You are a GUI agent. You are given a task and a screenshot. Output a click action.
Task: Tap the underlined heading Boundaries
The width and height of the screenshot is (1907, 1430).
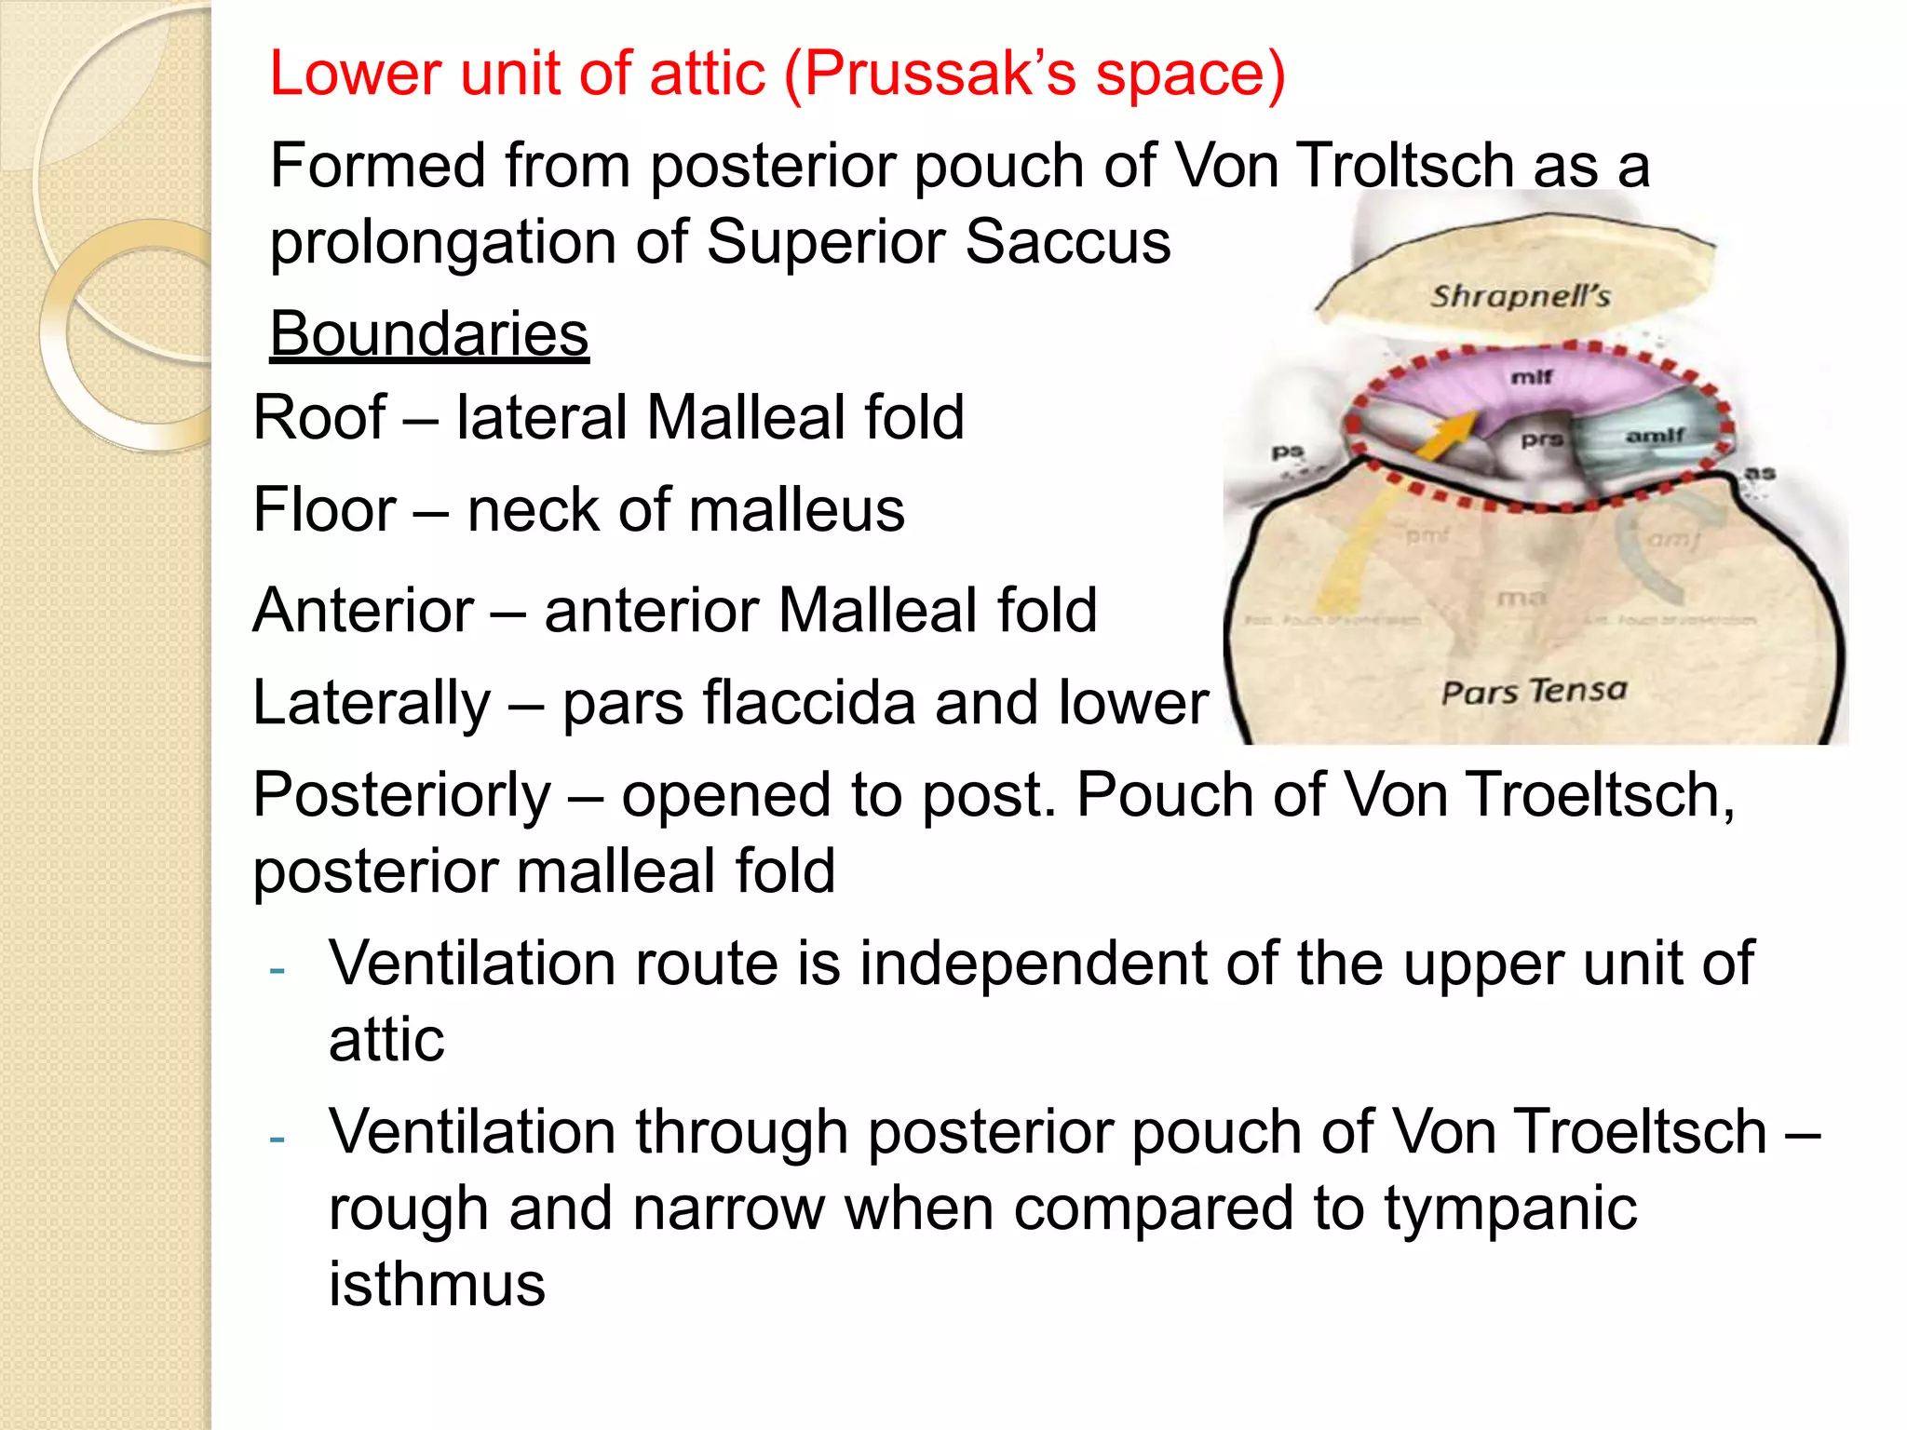click(x=429, y=334)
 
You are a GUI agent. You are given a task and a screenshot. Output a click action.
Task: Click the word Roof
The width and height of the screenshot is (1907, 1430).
click(x=319, y=418)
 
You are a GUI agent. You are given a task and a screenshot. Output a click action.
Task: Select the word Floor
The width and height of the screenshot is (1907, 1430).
click(x=324, y=511)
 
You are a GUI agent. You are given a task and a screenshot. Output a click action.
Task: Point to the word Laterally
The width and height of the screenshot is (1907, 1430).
click(x=372, y=703)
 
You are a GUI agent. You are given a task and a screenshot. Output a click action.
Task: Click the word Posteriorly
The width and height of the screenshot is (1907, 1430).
click(x=402, y=796)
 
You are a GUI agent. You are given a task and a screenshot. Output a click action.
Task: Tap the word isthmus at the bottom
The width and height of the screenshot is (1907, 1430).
click(x=437, y=1284)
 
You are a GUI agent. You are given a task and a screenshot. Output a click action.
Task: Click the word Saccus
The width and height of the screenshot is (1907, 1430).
click(x=1067, y=242)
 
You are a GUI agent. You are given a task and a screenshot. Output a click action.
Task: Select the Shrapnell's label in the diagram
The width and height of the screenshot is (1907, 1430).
click(x=1521, y=296)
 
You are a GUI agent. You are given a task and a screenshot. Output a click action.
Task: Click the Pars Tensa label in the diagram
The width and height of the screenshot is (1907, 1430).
click(x=1534, y=691)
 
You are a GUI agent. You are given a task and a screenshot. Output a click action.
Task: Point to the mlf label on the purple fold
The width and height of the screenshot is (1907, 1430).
click(x=1531, y=377)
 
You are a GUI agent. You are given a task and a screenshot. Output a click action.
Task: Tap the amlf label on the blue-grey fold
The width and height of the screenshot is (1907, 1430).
click(x=1655, y=435)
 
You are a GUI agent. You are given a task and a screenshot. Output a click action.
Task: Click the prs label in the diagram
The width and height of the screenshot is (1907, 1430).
click(x=1541, y=439)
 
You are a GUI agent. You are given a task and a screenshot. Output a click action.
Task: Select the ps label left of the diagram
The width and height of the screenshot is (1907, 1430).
click(x=1287, y=452)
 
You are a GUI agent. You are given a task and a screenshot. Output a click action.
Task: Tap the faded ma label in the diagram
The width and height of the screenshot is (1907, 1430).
click(x=1522, y=598)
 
